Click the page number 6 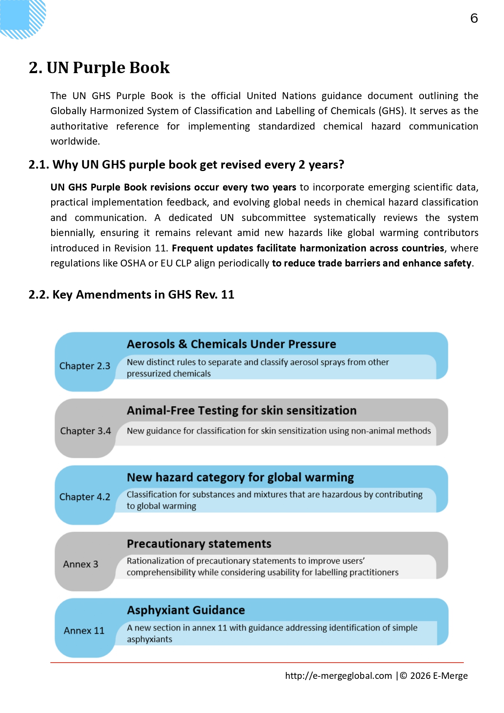tap(474, 18)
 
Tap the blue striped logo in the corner tap(22, 18)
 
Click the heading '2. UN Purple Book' tap(99, 67)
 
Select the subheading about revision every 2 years tap(186, 165)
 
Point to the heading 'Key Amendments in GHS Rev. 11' tap(131, 295)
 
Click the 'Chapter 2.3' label tap(85, 366)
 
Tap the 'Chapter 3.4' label tap(85, 431)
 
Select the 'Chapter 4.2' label tap(85, 497)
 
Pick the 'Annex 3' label tap(80, 564)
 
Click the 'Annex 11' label tap(84, 631)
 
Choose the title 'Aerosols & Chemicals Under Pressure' tap(231, 344)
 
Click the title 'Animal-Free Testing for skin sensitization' tap(242, 410)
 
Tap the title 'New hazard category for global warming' tap(240, 477)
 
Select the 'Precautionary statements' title tap(199, 544)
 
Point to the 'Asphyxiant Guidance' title tap(186, 610)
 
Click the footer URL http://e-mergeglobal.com tap(338, 676)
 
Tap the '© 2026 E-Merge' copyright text tap(434, 676)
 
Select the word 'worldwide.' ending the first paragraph tap(75, 141)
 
